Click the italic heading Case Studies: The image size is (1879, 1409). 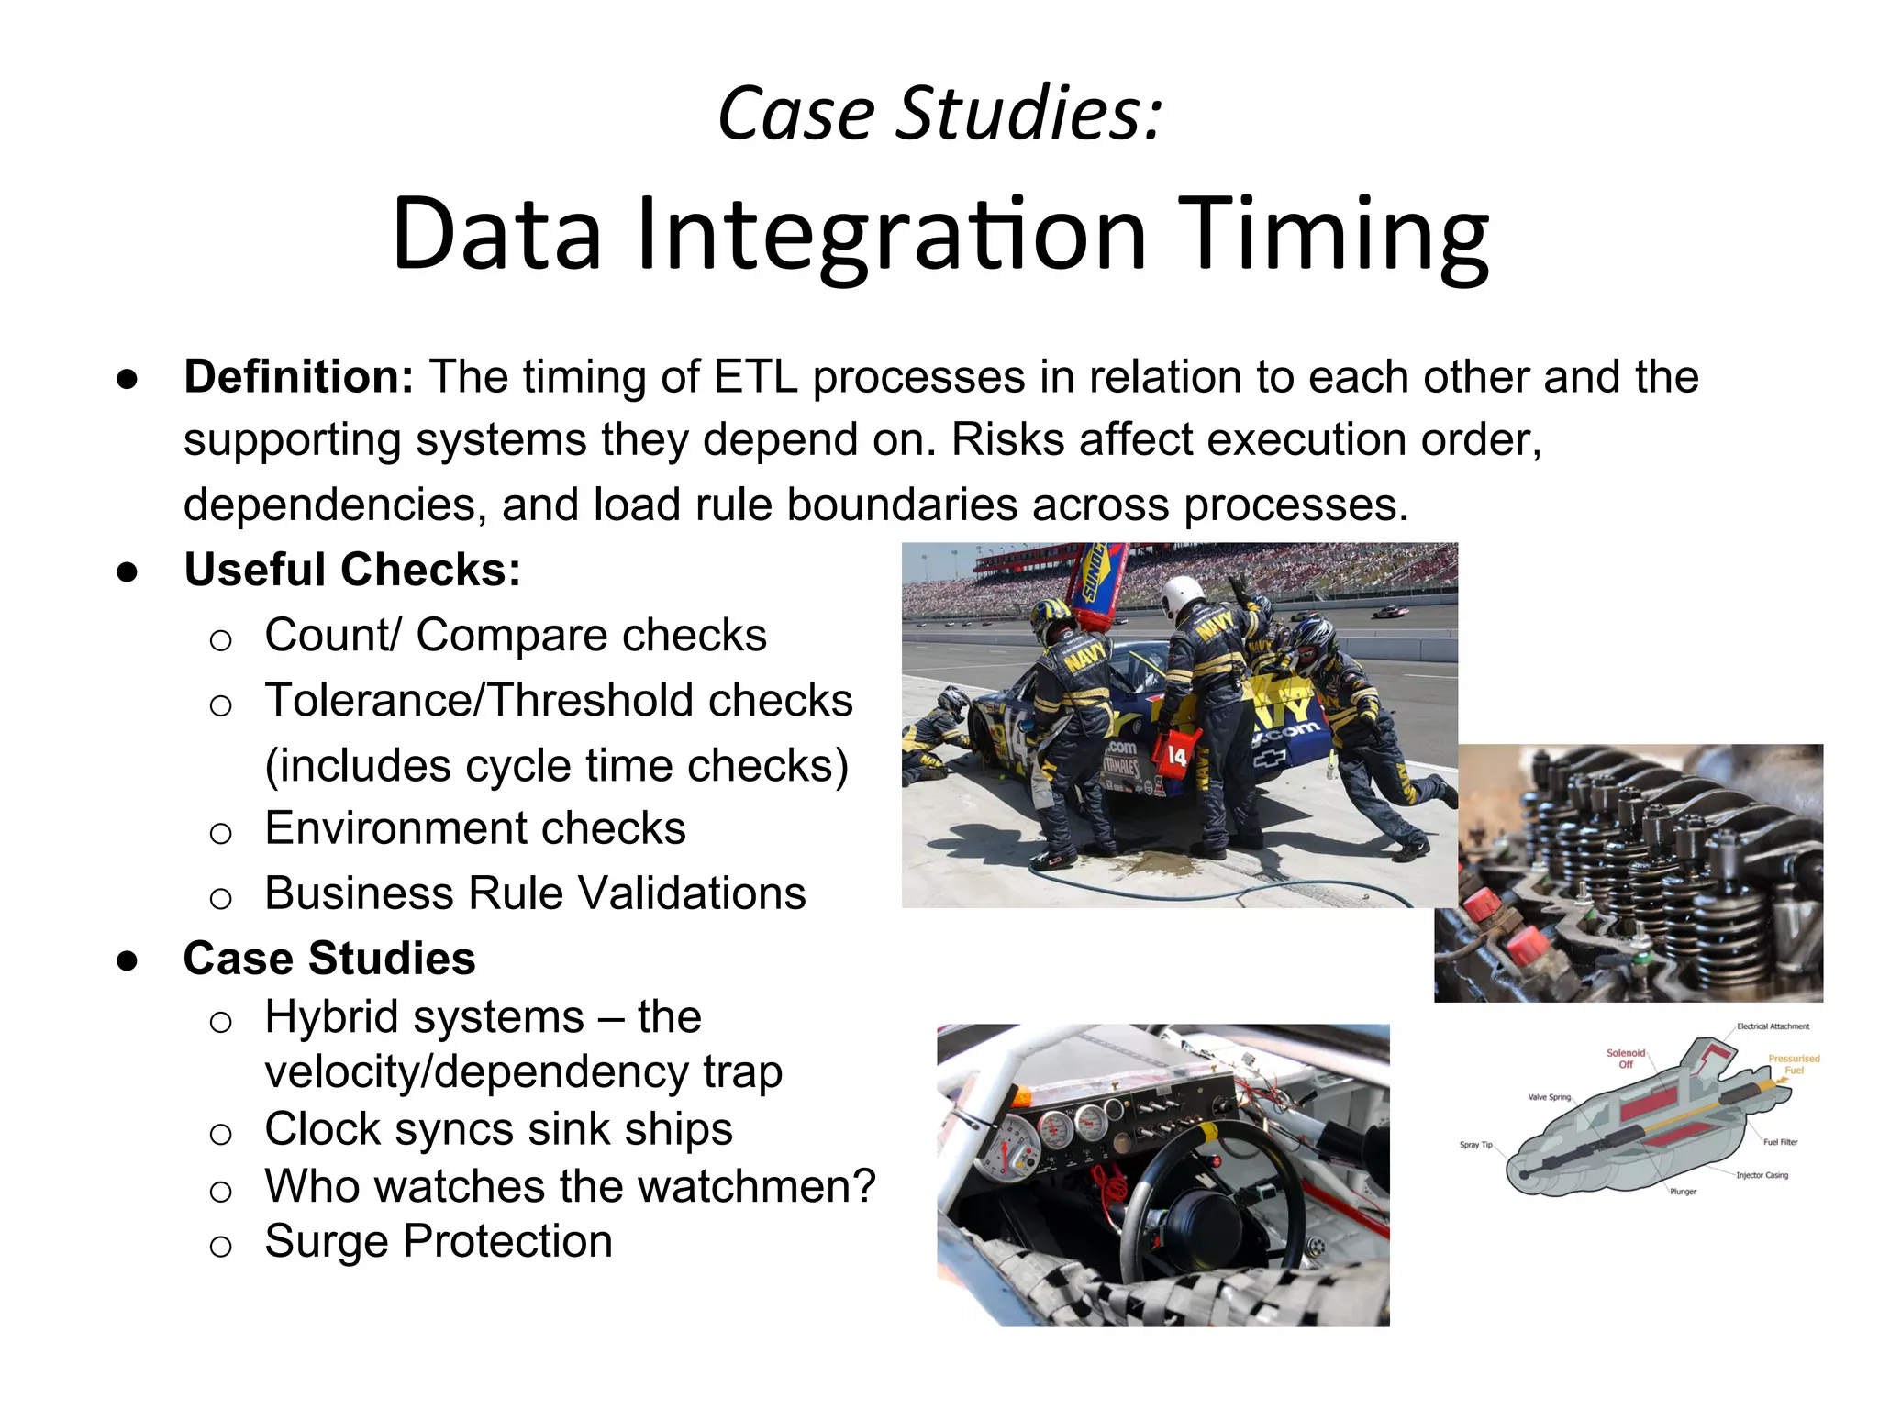(939, 114)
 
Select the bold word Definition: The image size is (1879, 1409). (298, 377)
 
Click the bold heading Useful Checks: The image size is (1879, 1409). (352, 570)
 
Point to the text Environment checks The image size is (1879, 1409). (474, 828)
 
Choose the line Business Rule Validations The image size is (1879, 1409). (535, 893)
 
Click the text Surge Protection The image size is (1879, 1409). (438, 1241)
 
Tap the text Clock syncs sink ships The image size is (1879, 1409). (498, 1129)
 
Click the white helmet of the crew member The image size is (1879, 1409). (1180, 596)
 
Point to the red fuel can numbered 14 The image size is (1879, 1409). (1177, 755)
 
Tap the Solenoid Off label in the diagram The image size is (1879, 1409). (1626, 1059)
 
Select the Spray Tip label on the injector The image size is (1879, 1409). (1475, 1145)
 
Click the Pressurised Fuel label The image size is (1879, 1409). (1794, 1064)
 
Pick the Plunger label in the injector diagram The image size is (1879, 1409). (1683, 1192)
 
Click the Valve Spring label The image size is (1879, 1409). (1549, 1097)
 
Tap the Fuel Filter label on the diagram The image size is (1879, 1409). (1780, 1142)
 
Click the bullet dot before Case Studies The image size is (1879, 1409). (128, 960)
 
